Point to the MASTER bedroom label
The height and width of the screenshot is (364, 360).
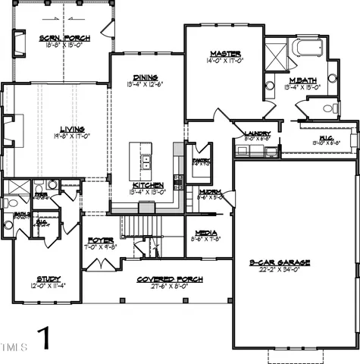[226, 54]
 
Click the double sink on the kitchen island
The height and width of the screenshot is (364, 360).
[145, 161]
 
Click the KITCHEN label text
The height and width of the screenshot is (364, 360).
[145, 185]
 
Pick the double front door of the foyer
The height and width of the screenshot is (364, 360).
[99, 265]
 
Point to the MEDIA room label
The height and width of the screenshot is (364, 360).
[205, 233]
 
